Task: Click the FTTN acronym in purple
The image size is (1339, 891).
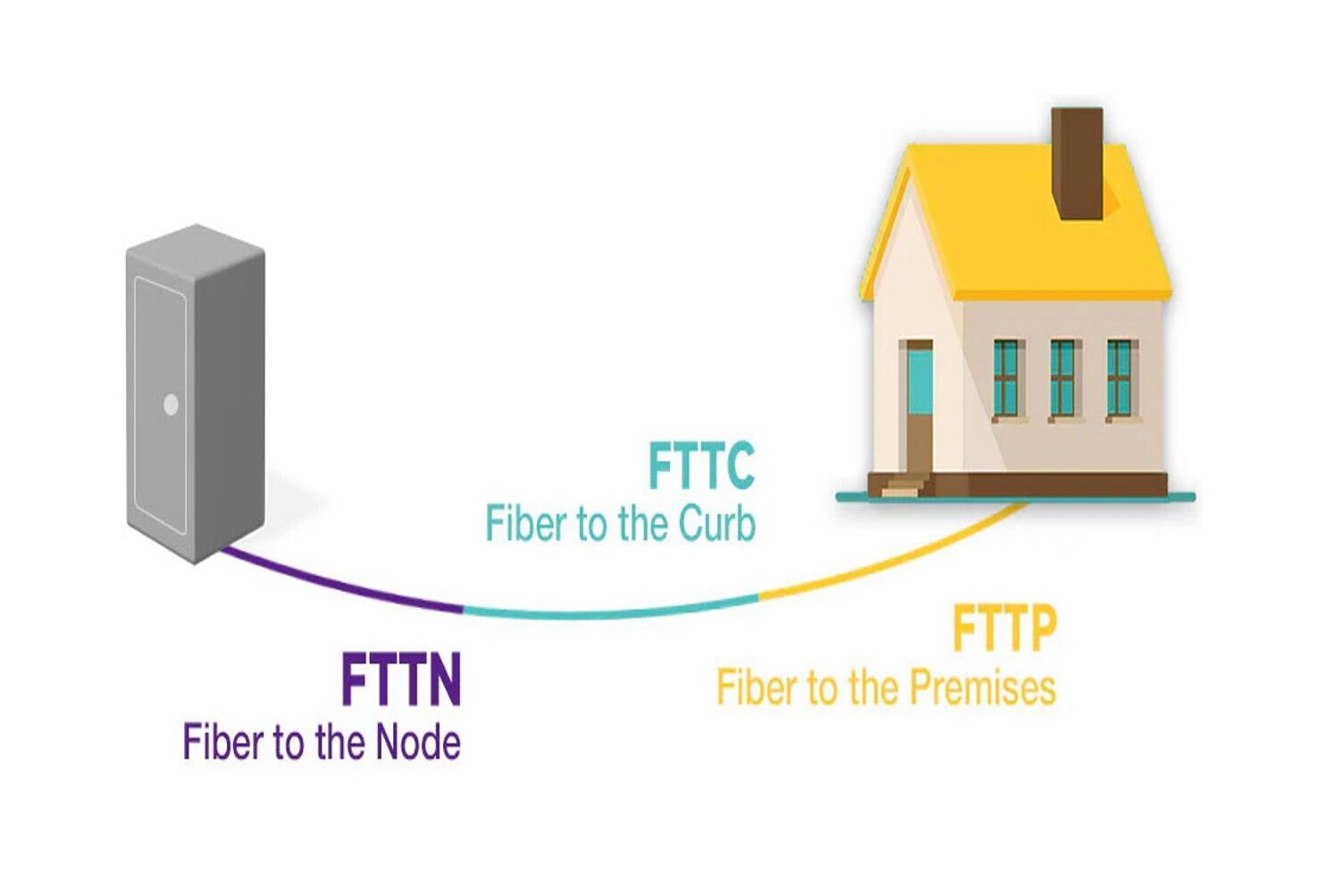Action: click(x=401, y=680)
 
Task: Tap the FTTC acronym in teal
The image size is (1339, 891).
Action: click(x=701, y=466)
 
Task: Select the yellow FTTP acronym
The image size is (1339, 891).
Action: click(x=1004, y=629)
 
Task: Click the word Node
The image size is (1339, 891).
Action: click(x=418, y=743)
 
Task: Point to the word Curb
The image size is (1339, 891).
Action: click(x=716, y=524)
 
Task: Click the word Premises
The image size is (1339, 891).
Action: click(x=983, y=688)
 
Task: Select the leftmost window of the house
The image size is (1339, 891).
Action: click(x=1007, y=379)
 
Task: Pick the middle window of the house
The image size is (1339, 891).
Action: click(x=1063, y=379)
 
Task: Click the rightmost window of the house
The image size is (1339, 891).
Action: click(x=1120, y=379)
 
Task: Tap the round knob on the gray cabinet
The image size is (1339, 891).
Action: click(x=171, y=404)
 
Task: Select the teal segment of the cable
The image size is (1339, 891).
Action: click(x=607, y=612)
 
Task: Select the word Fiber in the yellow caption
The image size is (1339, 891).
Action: click(x=755, y=688)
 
